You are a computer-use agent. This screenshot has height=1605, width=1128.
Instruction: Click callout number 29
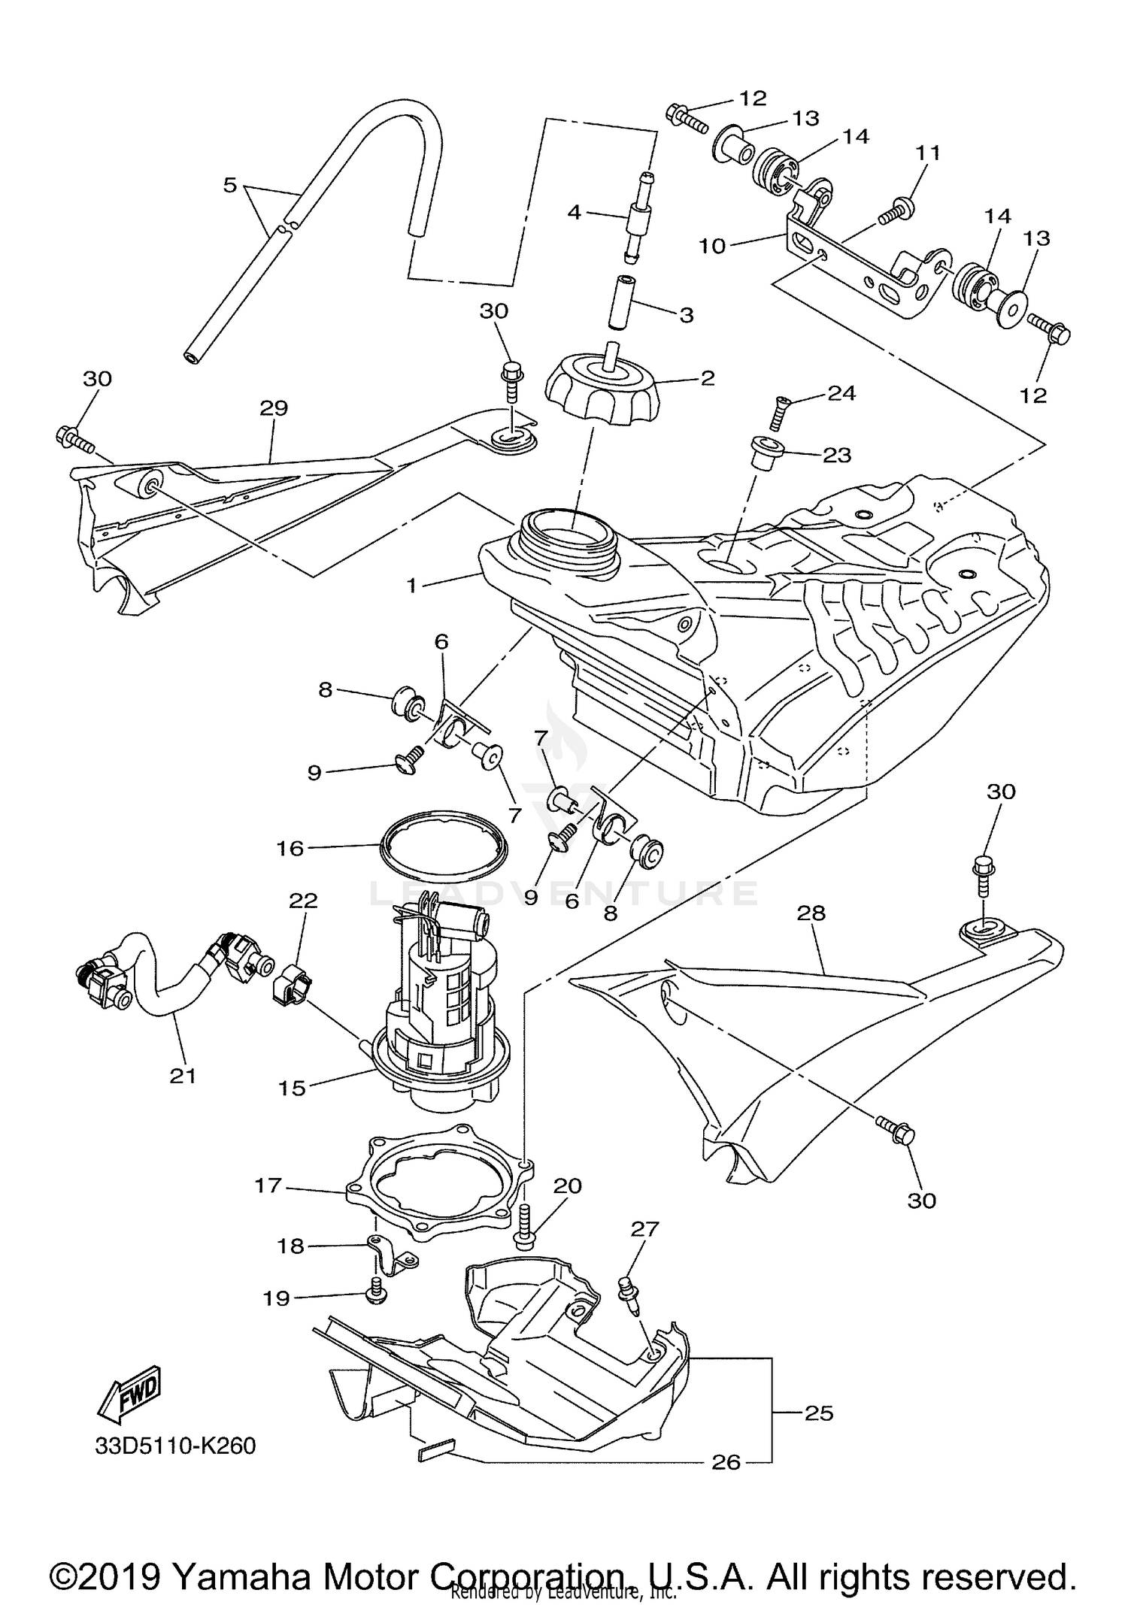pyautogui.click(x=274, y=408)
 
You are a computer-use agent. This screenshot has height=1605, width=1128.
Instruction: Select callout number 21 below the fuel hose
pyautogui.click(x=183, y=1076)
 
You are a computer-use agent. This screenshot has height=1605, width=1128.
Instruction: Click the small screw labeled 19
pyautogui.click(x=374, y=1292)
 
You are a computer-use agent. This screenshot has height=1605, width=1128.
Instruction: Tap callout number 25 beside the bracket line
pyautogui.click(x=819, y=1413)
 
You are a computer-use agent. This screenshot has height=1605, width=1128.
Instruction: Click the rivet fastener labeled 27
pyautogui.click(x=628, y=1294)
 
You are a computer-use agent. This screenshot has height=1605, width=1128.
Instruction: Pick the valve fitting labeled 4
pyautogui.click(x=638, y=217)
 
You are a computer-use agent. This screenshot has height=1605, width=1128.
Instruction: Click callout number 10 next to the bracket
pyautogui.click(x=712, y=246)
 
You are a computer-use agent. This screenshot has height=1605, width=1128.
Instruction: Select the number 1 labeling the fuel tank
pyautogui.click(x=411, y=584)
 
